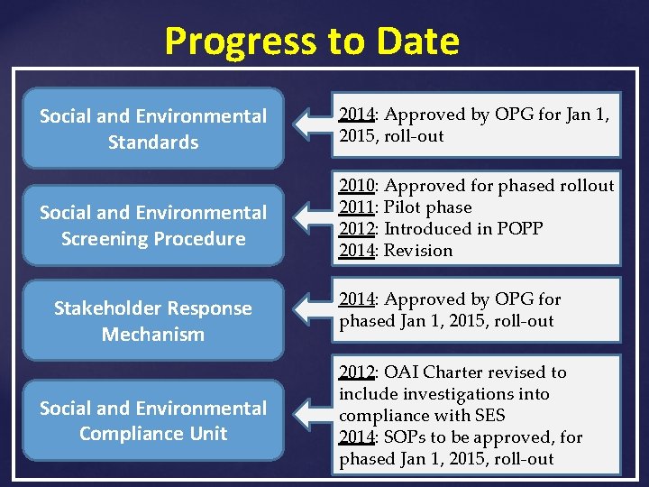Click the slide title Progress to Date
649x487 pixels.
(312, 41)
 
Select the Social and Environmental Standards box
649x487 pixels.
(153, 128)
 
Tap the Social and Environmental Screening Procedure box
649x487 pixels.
(153, 225)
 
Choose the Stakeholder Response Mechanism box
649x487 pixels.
(153, 321)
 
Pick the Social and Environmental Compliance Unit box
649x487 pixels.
(153, 420)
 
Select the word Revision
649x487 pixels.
(418, 251)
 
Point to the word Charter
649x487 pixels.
(455, 372)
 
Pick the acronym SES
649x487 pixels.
(488, 416)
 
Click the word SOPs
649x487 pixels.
(404, 437)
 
